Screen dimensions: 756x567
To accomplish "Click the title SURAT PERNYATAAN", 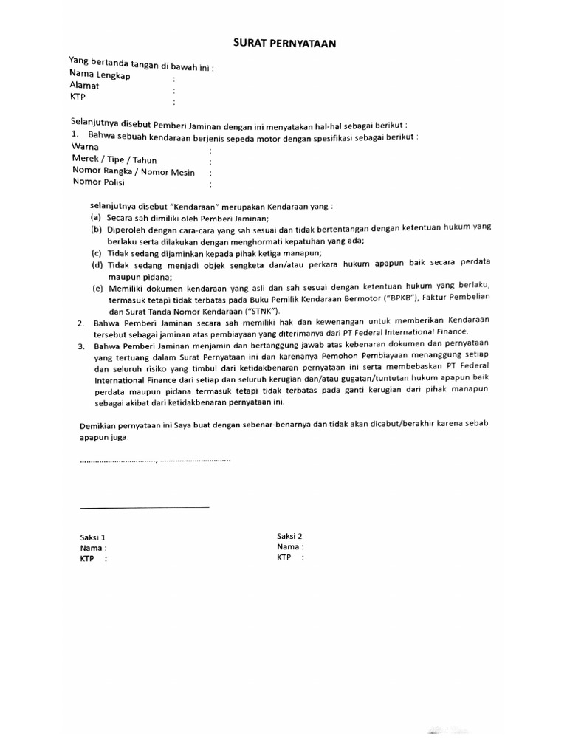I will pyautogui.click(x=284, y=44).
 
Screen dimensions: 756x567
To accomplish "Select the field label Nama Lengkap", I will pyautogui.click(x=100, y=75).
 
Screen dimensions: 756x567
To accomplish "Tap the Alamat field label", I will pyautogui.click(x=84, y=86).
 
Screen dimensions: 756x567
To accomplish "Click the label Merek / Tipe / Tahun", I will pyautogui.click(x=114, y=159).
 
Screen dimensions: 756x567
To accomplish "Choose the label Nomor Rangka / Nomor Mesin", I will pyautogui.click(x=133, y=171).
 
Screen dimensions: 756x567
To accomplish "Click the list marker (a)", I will pyautogui.click(x=96, y=219).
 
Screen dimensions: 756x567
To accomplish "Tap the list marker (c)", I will pyautogui.click(x=96, y=252).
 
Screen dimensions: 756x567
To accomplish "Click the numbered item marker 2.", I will pyautogui.click(x=80, y=323).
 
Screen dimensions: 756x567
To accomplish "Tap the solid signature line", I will pyautogui.click(x=144, y=507).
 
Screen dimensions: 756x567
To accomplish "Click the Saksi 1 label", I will pyautogui.click(x=94, y=537).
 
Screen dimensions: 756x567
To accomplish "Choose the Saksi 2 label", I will pyautogui.click(x=290, y=536).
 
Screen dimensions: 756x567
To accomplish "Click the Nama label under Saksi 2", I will pyautogui.click(x=289, y=547).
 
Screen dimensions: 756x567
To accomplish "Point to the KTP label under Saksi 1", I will pyautogui.click(x=88, y=559).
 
